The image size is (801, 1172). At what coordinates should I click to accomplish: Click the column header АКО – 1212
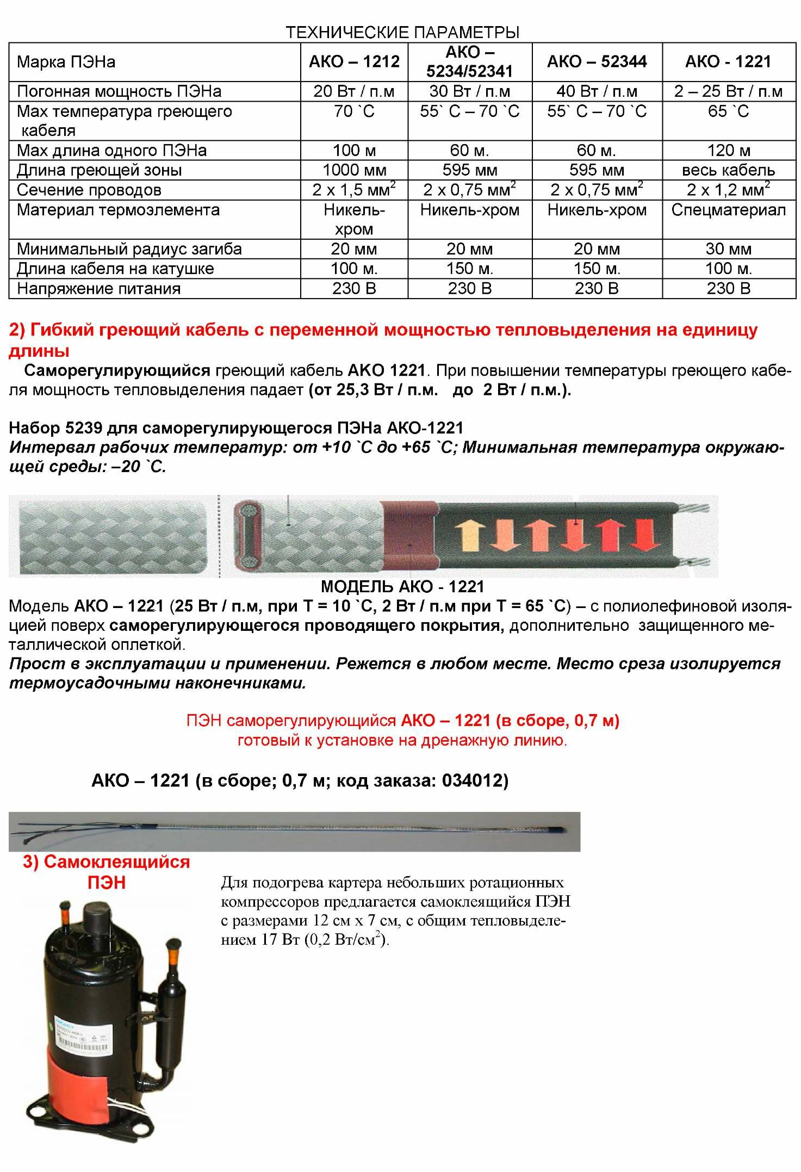tap(354, 61)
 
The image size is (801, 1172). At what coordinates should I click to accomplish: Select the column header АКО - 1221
tap(728, 61)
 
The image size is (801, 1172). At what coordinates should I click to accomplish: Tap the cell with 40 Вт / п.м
tap(597, 91)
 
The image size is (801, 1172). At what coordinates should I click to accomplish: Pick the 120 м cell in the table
tap(728, 150)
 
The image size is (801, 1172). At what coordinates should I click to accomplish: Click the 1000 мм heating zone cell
tap(354, 170)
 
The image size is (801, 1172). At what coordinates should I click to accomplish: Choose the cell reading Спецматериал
tap(728, 210)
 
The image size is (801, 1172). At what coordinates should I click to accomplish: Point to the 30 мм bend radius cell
tap(728, 249)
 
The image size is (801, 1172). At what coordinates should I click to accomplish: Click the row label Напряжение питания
tap(98, 288)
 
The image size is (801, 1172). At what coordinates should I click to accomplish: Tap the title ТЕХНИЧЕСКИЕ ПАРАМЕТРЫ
tap(402, 32)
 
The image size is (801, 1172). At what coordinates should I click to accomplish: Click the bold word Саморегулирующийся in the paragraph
tap(117, 371)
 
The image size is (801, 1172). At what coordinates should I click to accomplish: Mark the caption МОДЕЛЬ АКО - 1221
tap(402, 586)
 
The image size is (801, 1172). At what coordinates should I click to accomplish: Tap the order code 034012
tap(474, 781)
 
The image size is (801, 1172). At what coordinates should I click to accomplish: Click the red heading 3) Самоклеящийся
tap(106, 862)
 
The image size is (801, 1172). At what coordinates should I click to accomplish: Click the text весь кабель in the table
tap(728, 170)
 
